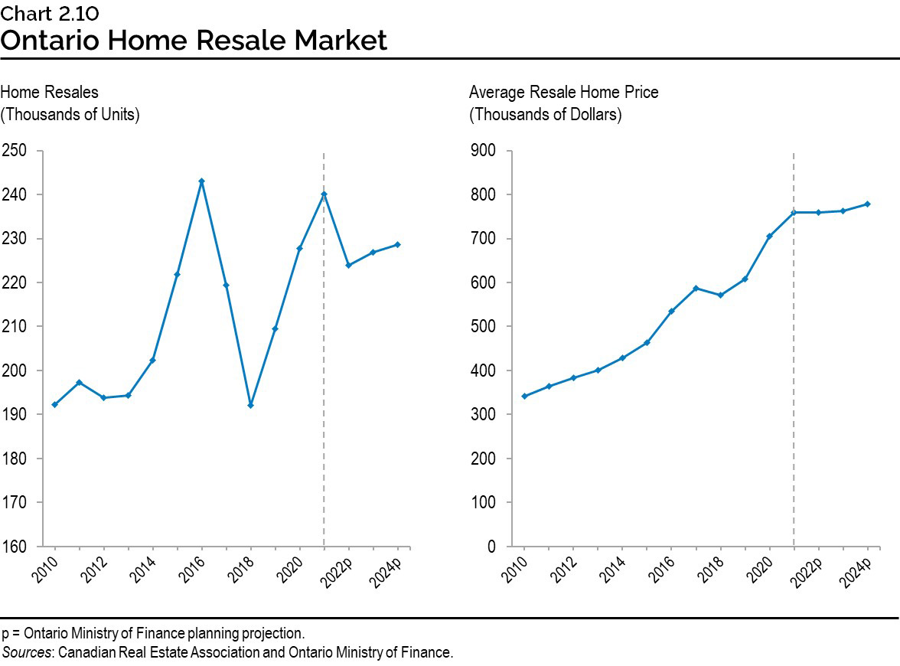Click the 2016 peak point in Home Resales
pos(201,181)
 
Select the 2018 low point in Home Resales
pos(250,405)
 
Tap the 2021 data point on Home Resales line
pos(324,194)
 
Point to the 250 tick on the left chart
pos(15,151)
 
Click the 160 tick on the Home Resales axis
pos(15,547)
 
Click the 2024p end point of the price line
pos(867,204)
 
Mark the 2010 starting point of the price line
pos(524,396)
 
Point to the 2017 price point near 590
pos(696,288)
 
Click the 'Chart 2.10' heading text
pos(50,13)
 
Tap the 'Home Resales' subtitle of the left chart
pos(50,93)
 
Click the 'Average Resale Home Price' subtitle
pos(563,93)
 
